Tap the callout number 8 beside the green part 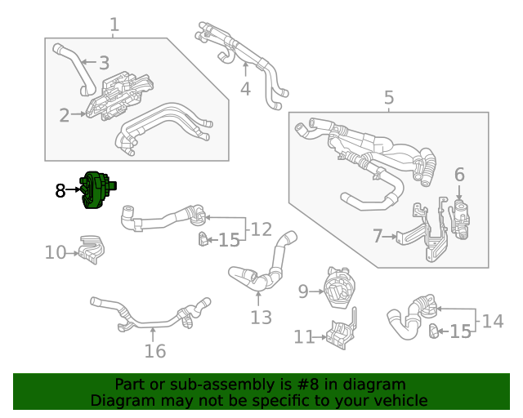(x=60, y=191)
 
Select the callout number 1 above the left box (x=114, y=25)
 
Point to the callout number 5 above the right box (x=388, y=99)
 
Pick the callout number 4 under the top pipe (x=245, y=89)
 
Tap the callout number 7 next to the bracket (x=378, y=237)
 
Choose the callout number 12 (x=261, y=229)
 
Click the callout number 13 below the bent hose (x=261, y=318)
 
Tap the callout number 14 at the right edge (x=492, y=321)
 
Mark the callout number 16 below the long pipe (x=154, y=351)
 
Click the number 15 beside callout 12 (x=230, y=240)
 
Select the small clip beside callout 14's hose (x=433, y=330)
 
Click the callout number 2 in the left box (x=64, y=115)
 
